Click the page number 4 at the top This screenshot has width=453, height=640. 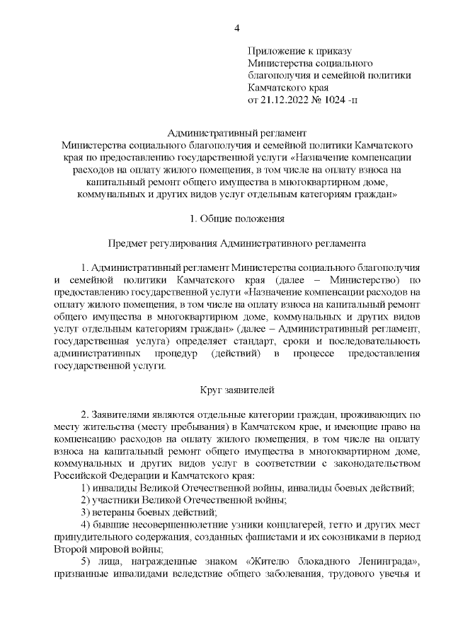[x=237, y=28]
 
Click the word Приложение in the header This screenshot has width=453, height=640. [x=276, y=51]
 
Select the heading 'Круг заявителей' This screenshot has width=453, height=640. [x=238, y=390]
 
